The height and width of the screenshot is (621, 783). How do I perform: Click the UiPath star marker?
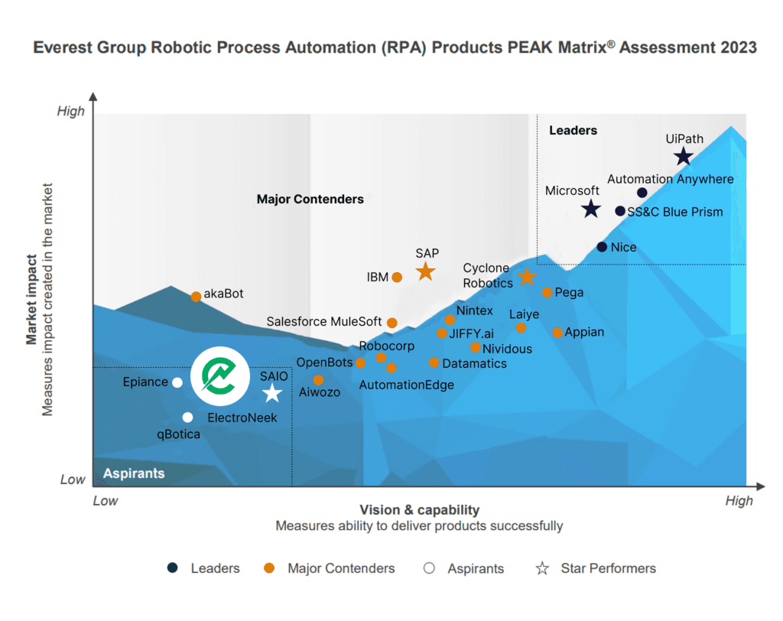pos(683,157)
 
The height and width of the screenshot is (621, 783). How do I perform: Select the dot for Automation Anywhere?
pos(642,193)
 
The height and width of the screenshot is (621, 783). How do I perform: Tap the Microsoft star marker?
pos(590,208)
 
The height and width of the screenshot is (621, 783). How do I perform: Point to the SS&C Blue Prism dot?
pos(620,211)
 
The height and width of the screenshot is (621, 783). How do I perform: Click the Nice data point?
pos(602,247)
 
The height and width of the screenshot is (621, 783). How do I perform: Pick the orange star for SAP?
pos(426,271)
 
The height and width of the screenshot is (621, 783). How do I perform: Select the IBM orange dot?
pos(397,277)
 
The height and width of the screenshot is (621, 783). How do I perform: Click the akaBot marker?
pos(196,296)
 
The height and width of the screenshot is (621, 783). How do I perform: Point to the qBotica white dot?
pos(187,417)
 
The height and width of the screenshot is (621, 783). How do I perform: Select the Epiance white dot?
pos(177,382)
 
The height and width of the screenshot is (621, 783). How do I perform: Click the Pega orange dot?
pos(547,292)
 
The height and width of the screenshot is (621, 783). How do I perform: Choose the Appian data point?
pos(557,332)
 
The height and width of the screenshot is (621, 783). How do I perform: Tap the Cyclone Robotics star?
pos(527,277)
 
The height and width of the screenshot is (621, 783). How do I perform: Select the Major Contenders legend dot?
pos(268,568)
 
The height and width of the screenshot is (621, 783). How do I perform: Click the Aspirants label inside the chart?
pos(134,473)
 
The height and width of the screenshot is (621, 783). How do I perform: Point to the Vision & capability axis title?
pos(419,510)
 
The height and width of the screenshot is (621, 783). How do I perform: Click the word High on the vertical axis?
pos(71,112)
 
